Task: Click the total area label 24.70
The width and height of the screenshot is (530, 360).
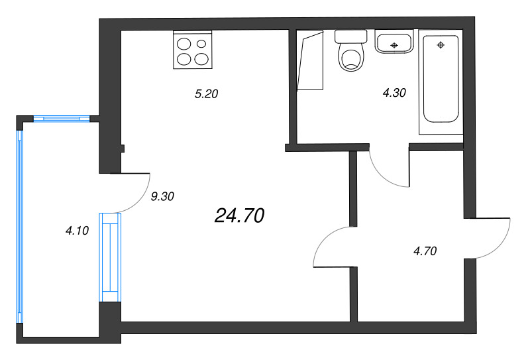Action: tap(240, 215)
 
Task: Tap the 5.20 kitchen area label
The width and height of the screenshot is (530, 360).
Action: tap(206, 94)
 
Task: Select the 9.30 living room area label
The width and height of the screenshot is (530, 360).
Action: tap(162, 196)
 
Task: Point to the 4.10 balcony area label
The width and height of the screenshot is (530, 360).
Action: tap(77, 231)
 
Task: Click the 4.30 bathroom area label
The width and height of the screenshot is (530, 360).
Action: tap(394, 93)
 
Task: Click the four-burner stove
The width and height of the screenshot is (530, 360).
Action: tap(193, 51)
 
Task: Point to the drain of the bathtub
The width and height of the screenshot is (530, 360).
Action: tap(441, 45)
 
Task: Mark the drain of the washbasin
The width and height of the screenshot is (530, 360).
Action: tap(394, 45)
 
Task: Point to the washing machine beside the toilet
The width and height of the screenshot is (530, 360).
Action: tap(310, 60)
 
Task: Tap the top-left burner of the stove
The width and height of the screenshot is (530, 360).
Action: tap(184, 44)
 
